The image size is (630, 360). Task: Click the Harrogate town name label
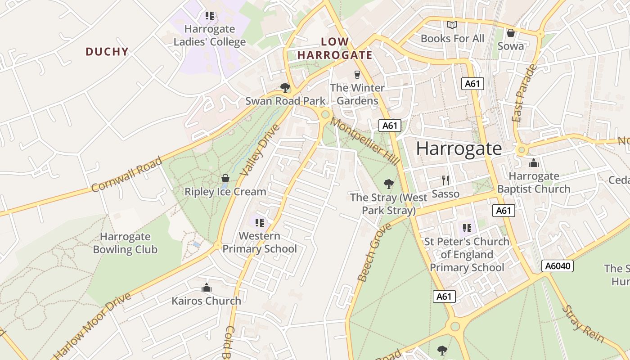[459, 148]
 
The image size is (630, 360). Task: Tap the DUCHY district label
[107, 52]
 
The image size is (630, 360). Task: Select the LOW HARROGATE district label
[335, 49]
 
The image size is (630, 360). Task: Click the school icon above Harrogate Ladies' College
[209, 16]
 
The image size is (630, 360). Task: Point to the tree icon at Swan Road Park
[285, 87]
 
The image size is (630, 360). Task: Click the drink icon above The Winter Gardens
[357, 74]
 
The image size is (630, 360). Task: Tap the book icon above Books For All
[452, 25]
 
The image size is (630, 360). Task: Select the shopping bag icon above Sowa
[510, 33]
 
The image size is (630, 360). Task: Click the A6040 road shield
[558, 266]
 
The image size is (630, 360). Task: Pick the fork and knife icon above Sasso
[445, 180]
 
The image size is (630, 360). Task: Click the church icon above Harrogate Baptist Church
[534, 162]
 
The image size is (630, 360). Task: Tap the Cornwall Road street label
[126, 175]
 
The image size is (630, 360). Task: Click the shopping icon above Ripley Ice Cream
[225, 178]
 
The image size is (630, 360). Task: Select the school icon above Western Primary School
[259, 222]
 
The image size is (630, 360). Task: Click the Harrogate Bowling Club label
[125, 243]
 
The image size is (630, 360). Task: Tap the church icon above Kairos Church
[207, 288]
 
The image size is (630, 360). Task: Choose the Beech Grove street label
[374, 252]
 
